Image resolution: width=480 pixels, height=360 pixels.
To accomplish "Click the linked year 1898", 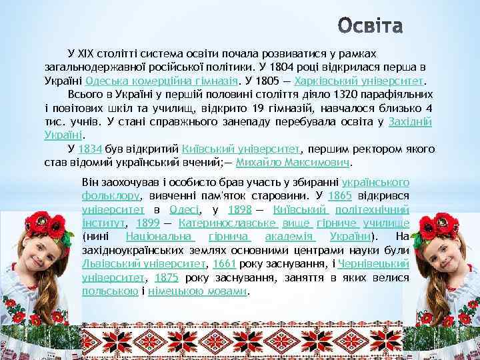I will click(238, 209).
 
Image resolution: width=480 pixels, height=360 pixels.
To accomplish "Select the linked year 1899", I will click(147, 223).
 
